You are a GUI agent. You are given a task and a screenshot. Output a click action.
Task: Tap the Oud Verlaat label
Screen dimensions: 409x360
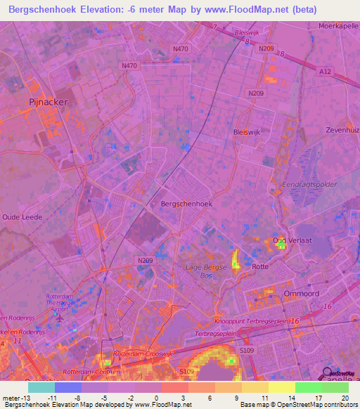(x=288, y=240)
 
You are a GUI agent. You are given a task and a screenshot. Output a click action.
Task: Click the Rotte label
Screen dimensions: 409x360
(x=260, y=266)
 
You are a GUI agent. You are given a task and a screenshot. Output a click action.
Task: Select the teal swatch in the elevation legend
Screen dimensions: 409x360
(x=41, y=387)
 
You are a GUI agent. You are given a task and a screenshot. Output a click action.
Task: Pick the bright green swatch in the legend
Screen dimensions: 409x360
(x=308, y=387)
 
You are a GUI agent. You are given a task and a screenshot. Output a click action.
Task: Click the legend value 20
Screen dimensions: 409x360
(x=345, y=397)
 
